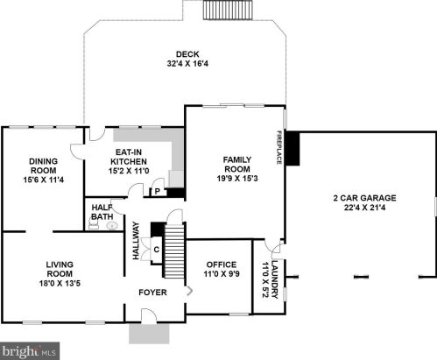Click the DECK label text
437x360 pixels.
(x=187, y=54)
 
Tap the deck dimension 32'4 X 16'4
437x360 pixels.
(x=187, y=64)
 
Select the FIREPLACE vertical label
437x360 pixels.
(x=279, y=147)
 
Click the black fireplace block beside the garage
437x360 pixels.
(x=293, y=149)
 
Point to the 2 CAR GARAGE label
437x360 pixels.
(x=364, y=198)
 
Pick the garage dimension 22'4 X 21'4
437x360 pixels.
(x=364, y=208)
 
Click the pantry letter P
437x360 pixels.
(x=158, y=192)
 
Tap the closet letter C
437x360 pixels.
(x=157, y=250)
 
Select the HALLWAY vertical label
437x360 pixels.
(x=136, y=241)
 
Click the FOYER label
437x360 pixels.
(x=152, y=293)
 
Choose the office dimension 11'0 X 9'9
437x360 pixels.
(x=222, y=274)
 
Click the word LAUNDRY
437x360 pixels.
(x=275, y=279)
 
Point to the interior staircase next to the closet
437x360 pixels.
(x=174, y=251)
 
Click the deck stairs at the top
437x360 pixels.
(x=228, y=10)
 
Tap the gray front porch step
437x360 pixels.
(x=149, y=334)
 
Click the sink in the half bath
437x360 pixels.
(x=112, y=225)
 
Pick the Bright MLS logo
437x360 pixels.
(x=30, y=351)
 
